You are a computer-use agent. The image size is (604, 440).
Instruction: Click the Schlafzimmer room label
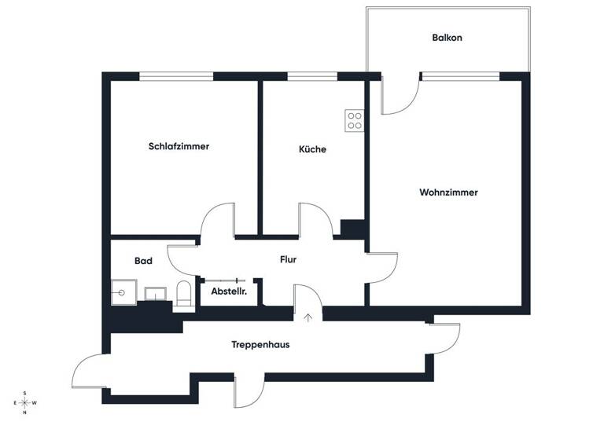point(179,146)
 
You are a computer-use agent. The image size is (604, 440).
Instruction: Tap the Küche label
point(312,149)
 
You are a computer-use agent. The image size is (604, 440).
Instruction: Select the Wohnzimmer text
point(448,192)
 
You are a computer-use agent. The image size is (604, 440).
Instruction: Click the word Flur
point(288,259)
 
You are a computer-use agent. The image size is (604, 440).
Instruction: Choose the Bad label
point(143,261)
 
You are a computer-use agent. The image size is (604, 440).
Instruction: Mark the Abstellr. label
point(229,291)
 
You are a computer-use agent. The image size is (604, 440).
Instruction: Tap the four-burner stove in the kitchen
point(355,119)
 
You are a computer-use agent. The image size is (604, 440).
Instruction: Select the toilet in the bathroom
point(183,294)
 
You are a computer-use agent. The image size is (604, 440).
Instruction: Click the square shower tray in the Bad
point(123,292)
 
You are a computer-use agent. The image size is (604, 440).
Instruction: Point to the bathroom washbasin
point(156,294)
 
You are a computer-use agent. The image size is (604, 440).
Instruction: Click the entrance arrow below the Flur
point(308,317)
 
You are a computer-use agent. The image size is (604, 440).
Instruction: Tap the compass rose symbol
point(25,402)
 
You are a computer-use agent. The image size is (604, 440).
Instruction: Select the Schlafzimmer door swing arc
point(218,219)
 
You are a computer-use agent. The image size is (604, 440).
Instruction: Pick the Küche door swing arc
point(316,218)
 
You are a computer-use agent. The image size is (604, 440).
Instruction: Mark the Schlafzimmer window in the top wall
point(176,76)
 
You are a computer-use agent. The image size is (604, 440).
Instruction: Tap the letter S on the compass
point(25,393)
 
